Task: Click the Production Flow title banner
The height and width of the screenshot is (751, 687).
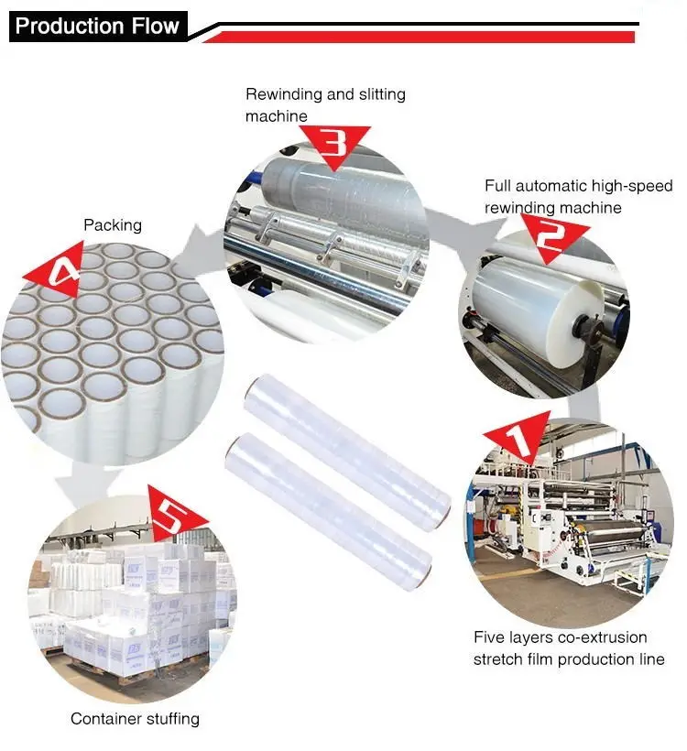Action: (97, 26)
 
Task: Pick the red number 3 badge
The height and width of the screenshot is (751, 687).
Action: (335, 143)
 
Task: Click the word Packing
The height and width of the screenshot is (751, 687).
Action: (113, 224)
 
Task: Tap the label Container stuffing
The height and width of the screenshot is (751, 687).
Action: (135, 719)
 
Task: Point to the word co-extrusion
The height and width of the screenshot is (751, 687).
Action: (598, 637)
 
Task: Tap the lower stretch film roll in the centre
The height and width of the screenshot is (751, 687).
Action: (330, 505)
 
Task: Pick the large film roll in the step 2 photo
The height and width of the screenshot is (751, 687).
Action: (531, 302)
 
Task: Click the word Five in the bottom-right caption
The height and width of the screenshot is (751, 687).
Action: (490, 637)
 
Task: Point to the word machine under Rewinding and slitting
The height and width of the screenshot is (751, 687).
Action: (277, 116)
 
